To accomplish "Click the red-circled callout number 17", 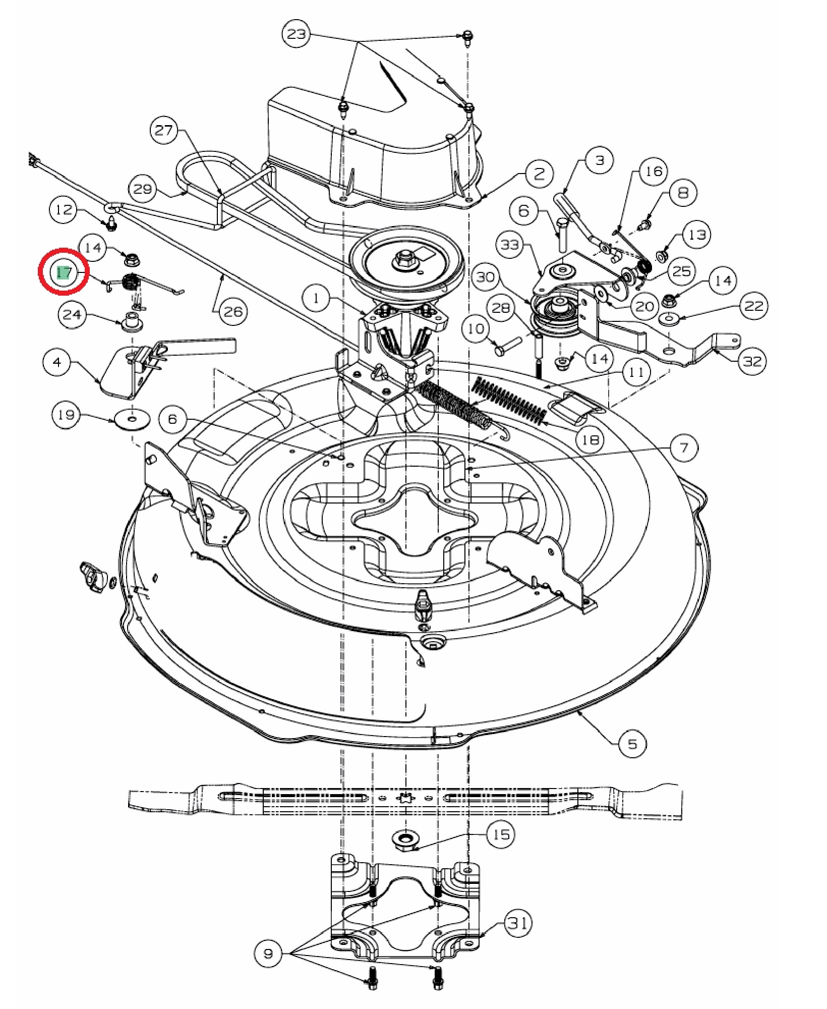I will click(x=64, y=273).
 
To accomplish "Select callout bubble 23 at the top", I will click(x=297, y=35).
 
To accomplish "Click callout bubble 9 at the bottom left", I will click(x=268, y=954).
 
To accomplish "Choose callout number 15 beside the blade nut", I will click(x=501, y=834).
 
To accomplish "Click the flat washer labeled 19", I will click(x=132, y=419).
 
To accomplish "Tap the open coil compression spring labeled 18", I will click(x=509, y=401).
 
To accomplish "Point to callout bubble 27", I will click(x=164, y=131).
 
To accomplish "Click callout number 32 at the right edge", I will click(x=753, y=361).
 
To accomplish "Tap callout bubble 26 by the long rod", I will click(x=233, y=312).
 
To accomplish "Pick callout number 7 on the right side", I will click(x=684, y=447).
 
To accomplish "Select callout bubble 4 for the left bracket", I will click(x=57, y=362).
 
